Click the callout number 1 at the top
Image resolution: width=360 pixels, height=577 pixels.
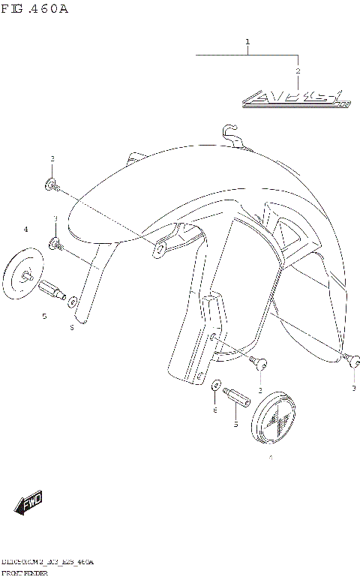[247, 42]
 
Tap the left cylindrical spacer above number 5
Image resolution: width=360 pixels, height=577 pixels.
[53, 289]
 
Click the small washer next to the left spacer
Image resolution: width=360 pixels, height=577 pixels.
[73, 302]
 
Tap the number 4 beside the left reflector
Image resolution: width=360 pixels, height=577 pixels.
[25, 229]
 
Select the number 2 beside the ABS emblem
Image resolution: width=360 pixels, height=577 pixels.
[298, 71]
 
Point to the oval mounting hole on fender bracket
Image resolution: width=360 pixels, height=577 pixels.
[158, 248]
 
